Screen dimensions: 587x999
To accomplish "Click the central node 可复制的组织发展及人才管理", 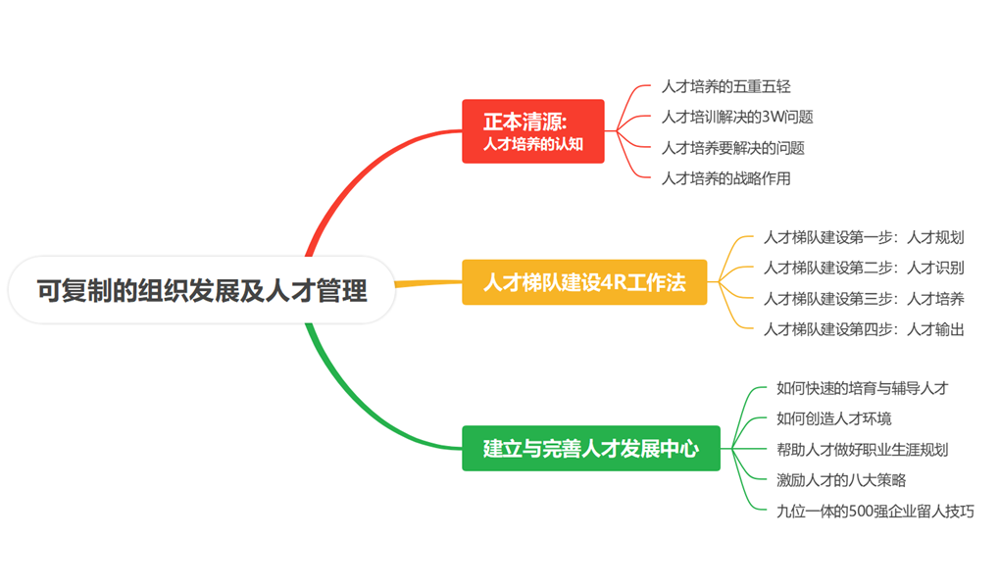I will (202, 290).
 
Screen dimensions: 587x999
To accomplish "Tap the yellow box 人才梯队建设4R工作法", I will (584, 283).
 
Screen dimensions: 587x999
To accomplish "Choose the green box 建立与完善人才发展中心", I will (590, 449).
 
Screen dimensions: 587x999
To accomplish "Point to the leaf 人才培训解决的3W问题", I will (737, 117).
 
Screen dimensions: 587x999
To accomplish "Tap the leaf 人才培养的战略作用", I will (725, 178).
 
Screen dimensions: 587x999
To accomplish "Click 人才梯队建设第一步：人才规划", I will (864, 237).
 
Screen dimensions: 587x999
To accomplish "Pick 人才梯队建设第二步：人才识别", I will (864, 268).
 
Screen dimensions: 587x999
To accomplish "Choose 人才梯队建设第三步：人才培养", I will (864, 299).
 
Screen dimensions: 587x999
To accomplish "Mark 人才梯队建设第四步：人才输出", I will (864, 329).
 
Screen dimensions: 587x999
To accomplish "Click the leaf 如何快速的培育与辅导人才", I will (862, 388).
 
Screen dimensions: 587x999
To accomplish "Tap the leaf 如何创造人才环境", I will (833, 418).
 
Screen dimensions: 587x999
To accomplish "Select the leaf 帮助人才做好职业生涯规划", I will (862, 450).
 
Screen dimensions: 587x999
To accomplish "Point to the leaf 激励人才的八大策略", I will (841, 480).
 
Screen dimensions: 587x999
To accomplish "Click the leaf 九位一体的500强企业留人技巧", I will (874, 511).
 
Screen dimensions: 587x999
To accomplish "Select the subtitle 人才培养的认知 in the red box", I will (532, 143).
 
